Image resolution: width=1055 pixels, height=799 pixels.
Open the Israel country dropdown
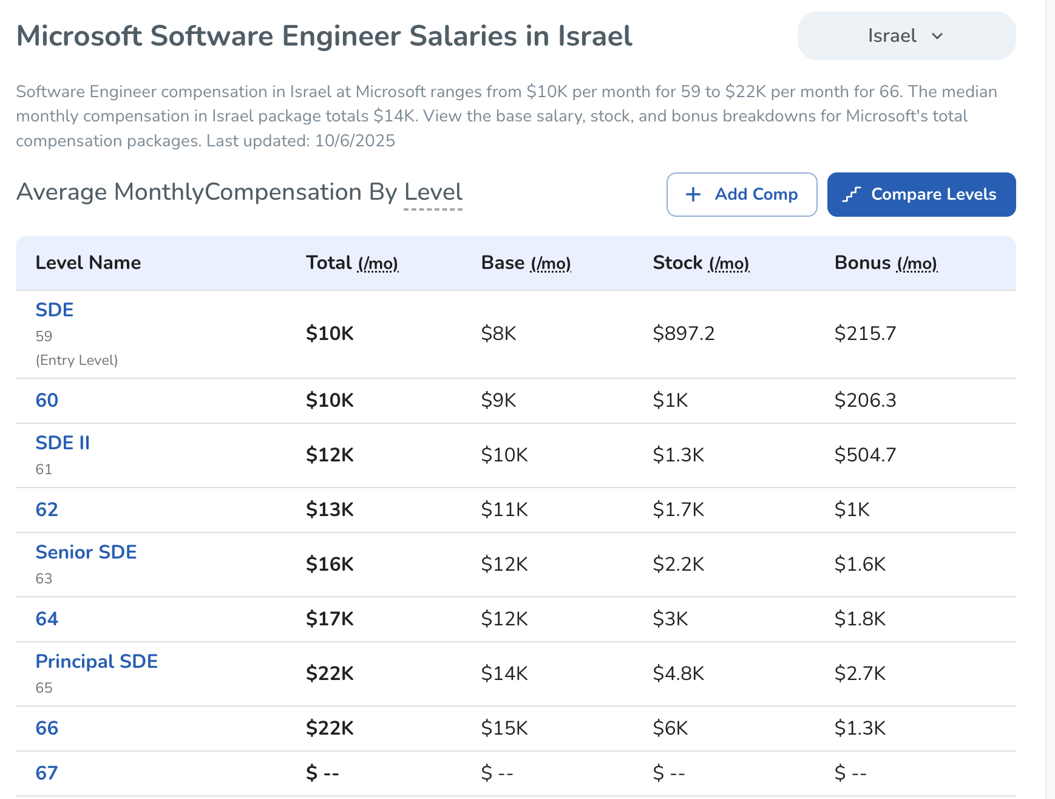(x=906, y=36)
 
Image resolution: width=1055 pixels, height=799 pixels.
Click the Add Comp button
(x=741, y=194)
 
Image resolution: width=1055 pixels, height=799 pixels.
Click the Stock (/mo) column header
(x=701, y=263)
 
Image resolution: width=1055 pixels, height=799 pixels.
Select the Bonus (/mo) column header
(x=886, y=263)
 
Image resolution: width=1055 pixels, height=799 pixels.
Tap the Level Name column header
(x=88, y=263)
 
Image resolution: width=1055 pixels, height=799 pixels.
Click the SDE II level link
(x=63, y=443)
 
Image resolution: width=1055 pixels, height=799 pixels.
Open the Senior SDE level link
(x=86, y=552)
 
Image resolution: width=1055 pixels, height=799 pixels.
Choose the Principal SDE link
(x=97, y=661)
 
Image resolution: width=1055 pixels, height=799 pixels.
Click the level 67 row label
(x=47, y=773)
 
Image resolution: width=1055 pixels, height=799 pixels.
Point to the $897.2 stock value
(x=684, y=333)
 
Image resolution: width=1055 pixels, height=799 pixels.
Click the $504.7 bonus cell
(x=865, y=455)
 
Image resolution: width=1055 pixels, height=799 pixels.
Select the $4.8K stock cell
(x=678, y=673)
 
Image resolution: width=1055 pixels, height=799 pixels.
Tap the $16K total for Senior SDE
(x=330, y=564)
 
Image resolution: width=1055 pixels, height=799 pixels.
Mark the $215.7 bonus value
(x=865, y=333)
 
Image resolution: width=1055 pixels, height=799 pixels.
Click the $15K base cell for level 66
(x=504, y=728)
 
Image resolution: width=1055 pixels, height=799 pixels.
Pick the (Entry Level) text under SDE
(x=76, y=360)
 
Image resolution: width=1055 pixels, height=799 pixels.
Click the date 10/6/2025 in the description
(x=355, y=141)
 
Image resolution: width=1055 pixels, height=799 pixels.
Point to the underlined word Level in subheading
(x=433, y=192)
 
